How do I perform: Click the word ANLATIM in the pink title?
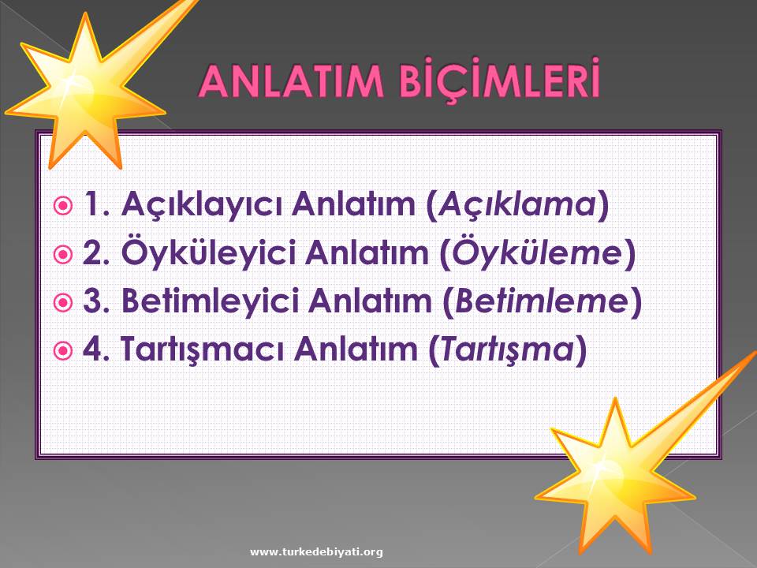coord(291,81)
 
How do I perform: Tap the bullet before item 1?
coord(62,206)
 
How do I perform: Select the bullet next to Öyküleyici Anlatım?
coord(62,254)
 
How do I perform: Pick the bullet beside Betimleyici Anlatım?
coord(62,302)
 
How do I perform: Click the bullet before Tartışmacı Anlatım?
coord(62,350)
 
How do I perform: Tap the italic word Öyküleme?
coord(537,252)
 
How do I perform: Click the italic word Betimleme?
coord(541,301)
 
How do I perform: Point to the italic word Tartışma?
coord(507,349)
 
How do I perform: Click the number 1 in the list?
coord(91,204)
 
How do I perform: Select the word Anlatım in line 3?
coord(370,301)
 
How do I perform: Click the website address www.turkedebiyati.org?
coord(316,551)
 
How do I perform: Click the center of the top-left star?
coord(85,96)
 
